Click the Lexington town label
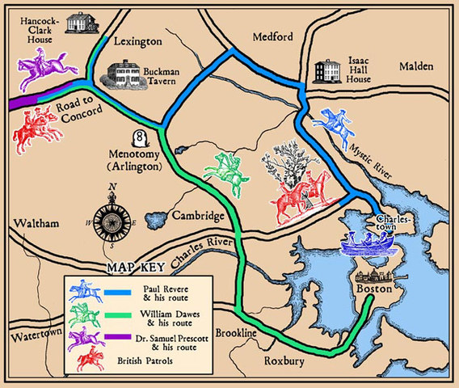138,40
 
